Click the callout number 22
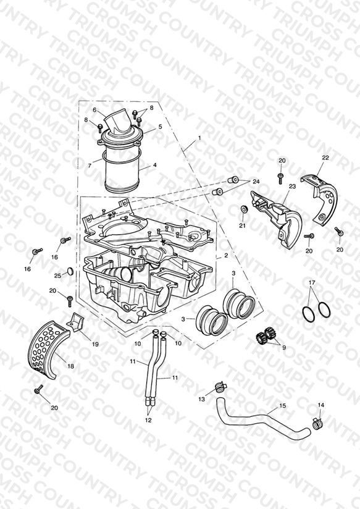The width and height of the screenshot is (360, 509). tap(325, 158)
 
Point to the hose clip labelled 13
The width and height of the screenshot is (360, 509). tap(220, 387)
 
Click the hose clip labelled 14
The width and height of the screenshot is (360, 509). tap(317, 423)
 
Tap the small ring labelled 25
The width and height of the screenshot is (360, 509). tap(70, 271)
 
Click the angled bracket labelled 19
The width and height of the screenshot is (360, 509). tap(75, 322)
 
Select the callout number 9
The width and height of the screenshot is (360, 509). tap(283, 348)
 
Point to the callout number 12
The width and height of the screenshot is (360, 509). tap(148, 420)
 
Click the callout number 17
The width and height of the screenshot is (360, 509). tap(312, 283)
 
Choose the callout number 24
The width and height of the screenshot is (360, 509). tap(256, 182)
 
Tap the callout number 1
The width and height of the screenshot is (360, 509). tap(199, 138)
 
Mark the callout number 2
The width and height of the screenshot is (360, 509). tap(226, 256)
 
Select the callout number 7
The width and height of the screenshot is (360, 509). tap(90, 166)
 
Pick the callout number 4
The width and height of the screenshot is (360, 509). tap(155, 165)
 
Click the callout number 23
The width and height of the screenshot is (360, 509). tap(293, 186)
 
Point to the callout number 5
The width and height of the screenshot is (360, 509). tap(160, 126)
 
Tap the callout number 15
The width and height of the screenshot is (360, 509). tap(283, 406)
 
